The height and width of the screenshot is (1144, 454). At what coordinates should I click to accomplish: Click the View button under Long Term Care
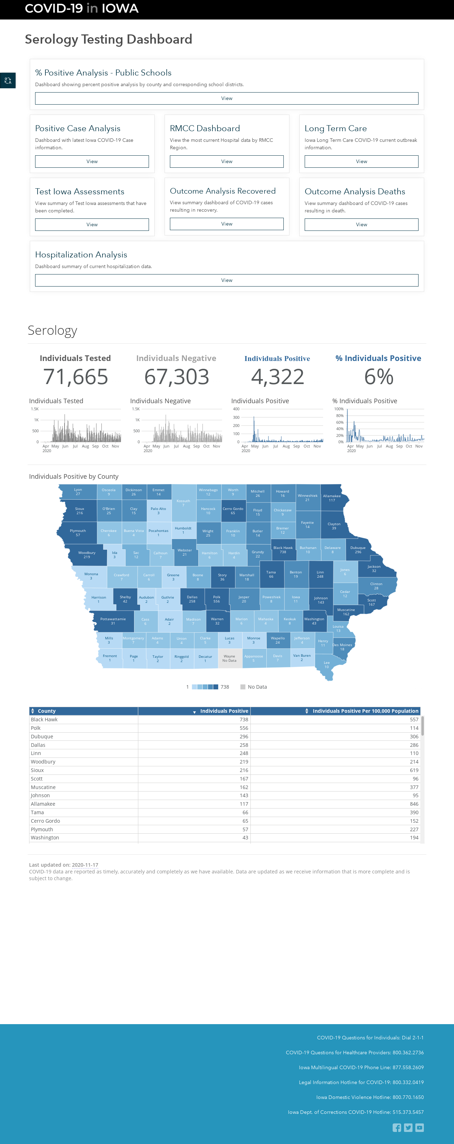(x=361, y=161)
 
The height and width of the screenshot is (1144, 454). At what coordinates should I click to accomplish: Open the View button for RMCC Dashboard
(x=227, y=161)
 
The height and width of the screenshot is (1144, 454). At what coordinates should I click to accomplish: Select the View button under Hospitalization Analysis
(x=227, y=280)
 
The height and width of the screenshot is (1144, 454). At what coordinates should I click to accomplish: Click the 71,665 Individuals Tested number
(x=76, y=377)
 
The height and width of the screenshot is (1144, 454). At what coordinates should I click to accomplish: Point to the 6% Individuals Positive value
(x=379, y=377)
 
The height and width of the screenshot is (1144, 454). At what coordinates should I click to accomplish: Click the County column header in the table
(x=47, y=711)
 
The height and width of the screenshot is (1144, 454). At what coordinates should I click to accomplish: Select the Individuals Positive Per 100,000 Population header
(x=365, y=711)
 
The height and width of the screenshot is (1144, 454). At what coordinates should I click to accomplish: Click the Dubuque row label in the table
(x=42, y=736)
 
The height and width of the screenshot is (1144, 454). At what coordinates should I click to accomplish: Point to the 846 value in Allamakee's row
(x=414, y=804)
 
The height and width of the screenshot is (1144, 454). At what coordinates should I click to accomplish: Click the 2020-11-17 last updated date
(x=85, y=865)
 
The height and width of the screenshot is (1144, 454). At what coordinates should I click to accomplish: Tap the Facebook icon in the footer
(x=397, y=1128)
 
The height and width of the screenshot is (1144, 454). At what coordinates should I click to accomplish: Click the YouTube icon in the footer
(x=419, y=1128)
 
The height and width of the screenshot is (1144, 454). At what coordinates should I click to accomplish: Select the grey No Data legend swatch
(x=243, y=687)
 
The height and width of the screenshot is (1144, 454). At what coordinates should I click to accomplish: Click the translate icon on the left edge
(x=7, y=80)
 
